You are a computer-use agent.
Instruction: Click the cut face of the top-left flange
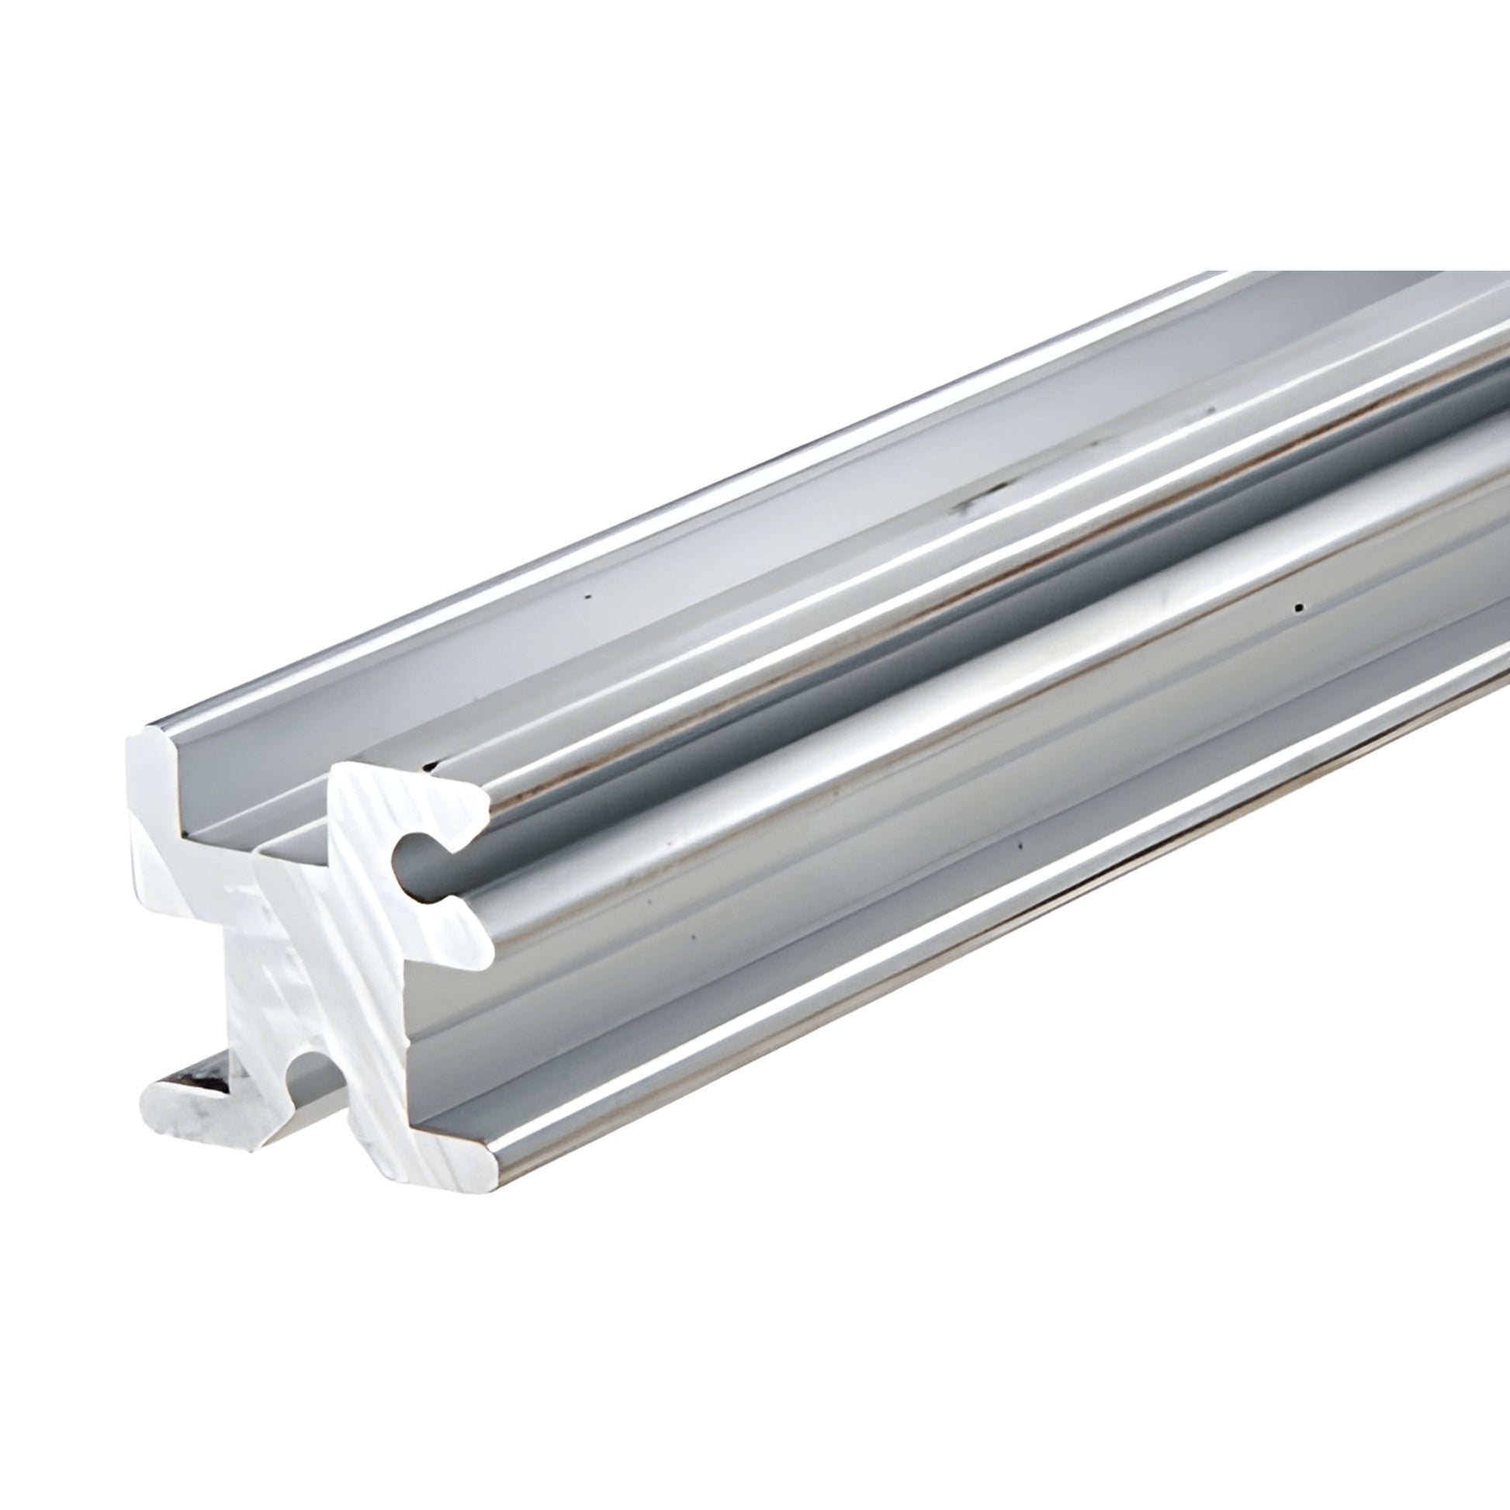(156, 789)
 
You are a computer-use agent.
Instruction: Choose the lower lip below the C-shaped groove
(461, 935)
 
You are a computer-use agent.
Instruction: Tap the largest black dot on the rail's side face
(1298, 608)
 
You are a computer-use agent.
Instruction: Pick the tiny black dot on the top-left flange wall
(588, 597)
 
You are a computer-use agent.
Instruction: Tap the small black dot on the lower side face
(1020, 846)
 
